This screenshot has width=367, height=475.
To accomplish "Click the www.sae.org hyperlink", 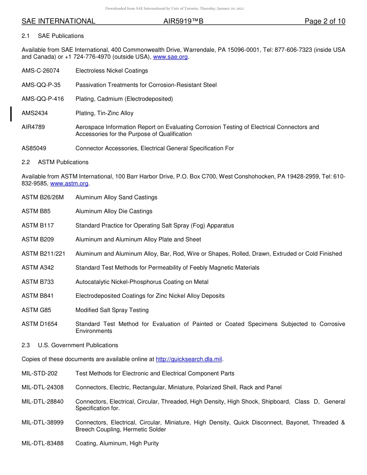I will (170, 57).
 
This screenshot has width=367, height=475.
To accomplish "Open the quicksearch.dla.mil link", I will (189, 359).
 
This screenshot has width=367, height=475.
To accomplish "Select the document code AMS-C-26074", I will (41, 71).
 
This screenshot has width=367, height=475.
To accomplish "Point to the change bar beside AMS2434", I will (11, 114).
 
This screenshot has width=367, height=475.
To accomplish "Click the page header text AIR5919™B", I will (183, 21).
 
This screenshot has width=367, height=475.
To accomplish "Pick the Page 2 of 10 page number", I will (325, 21).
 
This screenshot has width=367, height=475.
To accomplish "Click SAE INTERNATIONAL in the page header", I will (58, 21).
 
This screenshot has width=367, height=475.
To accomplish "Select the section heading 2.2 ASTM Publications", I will (55, 162).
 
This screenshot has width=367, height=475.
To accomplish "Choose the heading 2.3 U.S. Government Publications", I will (70, 345).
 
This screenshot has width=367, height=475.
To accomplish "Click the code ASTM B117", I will (38, 226).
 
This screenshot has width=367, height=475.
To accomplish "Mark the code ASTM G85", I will (36, 310).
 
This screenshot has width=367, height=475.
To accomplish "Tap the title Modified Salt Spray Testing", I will (112, 310).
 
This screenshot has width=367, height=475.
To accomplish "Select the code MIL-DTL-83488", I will (42, 443).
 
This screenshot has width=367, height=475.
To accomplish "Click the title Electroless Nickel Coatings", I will (112, 71).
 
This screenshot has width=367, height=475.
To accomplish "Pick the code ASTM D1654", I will (39, 324).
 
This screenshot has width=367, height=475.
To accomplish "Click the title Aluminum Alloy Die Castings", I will (114, 211).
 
